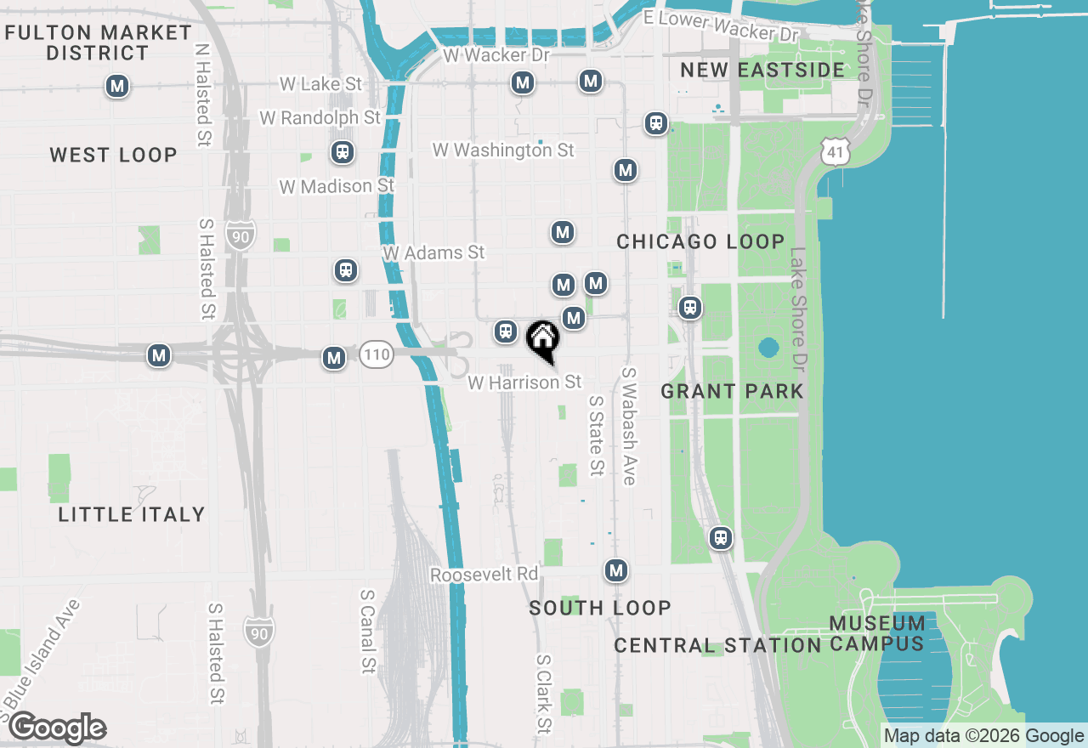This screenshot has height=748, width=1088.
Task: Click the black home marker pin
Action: (543, 339)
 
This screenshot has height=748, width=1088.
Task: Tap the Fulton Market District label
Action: (99, 42)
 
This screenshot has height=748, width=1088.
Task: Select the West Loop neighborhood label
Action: (113, 155)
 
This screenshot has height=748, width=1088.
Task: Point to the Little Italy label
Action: (132, 514)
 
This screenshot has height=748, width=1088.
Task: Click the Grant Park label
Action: (732, 391)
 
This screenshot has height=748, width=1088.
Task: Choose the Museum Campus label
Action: (876, 633)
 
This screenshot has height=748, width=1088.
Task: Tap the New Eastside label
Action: (762, 70)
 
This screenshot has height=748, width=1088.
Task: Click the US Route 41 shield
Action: (835, 151)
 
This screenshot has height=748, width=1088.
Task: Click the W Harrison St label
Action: (524, 382)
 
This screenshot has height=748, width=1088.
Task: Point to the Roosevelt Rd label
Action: (484, 575)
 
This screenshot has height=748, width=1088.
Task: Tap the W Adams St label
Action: (433, 252)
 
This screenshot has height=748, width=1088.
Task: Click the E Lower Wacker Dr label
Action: (721, 25)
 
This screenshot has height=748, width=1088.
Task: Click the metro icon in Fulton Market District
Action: (117, 86)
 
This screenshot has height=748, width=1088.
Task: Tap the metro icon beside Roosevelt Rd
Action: (616, 570)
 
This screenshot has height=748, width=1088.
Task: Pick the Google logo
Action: (57, 728)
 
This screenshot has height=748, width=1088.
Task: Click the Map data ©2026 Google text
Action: (983, 736)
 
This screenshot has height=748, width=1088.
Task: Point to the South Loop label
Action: (600, 608)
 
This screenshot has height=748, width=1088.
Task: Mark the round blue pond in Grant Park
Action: (768, 348)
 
